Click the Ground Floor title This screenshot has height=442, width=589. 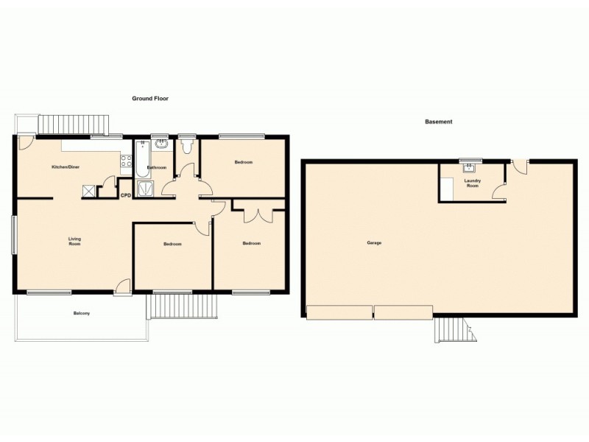[x=151, y=98]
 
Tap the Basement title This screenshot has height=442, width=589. [x=438, y=122]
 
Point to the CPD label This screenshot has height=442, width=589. [x=125, y=195]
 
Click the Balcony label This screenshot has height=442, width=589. [x=81, y=315]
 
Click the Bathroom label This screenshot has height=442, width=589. [x=156, y=168]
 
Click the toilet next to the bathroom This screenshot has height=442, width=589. [x=187, y=146]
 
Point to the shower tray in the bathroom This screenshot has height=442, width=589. [x=146, y=189]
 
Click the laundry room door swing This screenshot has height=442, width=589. [x=499, y=193]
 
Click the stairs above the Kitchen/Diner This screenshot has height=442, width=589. [x=74, y=125]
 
